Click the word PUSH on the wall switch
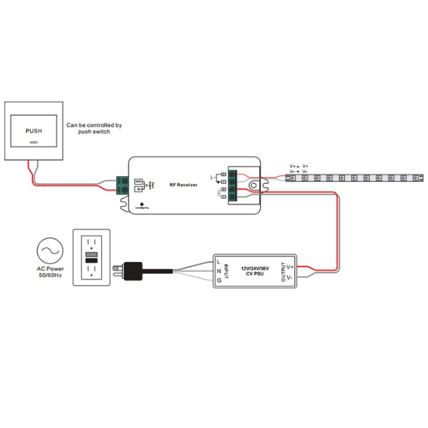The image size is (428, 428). point(34,131)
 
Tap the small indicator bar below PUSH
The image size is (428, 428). point(34,142)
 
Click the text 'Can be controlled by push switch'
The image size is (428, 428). point(94,128)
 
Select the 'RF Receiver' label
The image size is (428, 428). point(184,185)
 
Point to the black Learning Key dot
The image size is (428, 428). point(142,204)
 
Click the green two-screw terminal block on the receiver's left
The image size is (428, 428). point(122,185)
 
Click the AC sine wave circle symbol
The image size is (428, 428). point(50,251)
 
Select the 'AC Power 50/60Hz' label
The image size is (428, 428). point(50,272)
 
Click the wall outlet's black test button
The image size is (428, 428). point(91,260)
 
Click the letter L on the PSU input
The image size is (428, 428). point(218,262)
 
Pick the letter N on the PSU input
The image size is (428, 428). point(219,271)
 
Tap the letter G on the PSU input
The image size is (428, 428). point(219,281)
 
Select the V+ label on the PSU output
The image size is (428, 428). point(290,267)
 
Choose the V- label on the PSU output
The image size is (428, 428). point(290,277)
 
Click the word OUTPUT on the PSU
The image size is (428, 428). point(282,271)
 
